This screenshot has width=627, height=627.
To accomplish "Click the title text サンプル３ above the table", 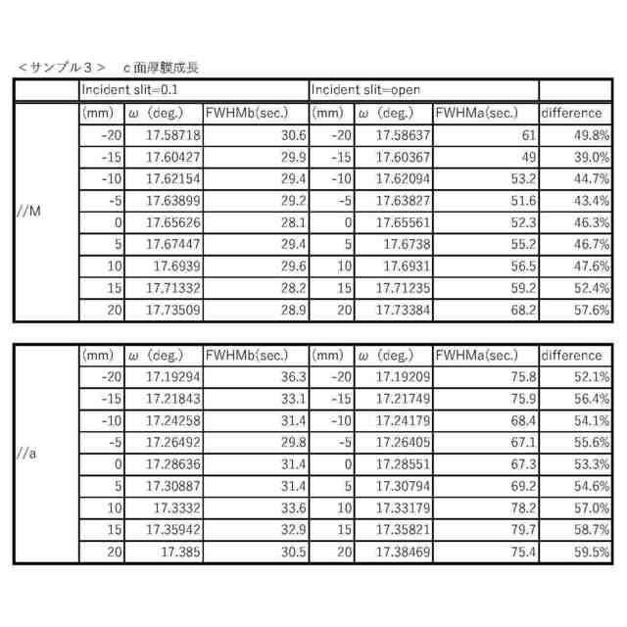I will (x=61, y=68).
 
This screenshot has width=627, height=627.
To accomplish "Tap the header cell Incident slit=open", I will (x=365, y=90).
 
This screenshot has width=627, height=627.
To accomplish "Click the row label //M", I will (x=29, y=211).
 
